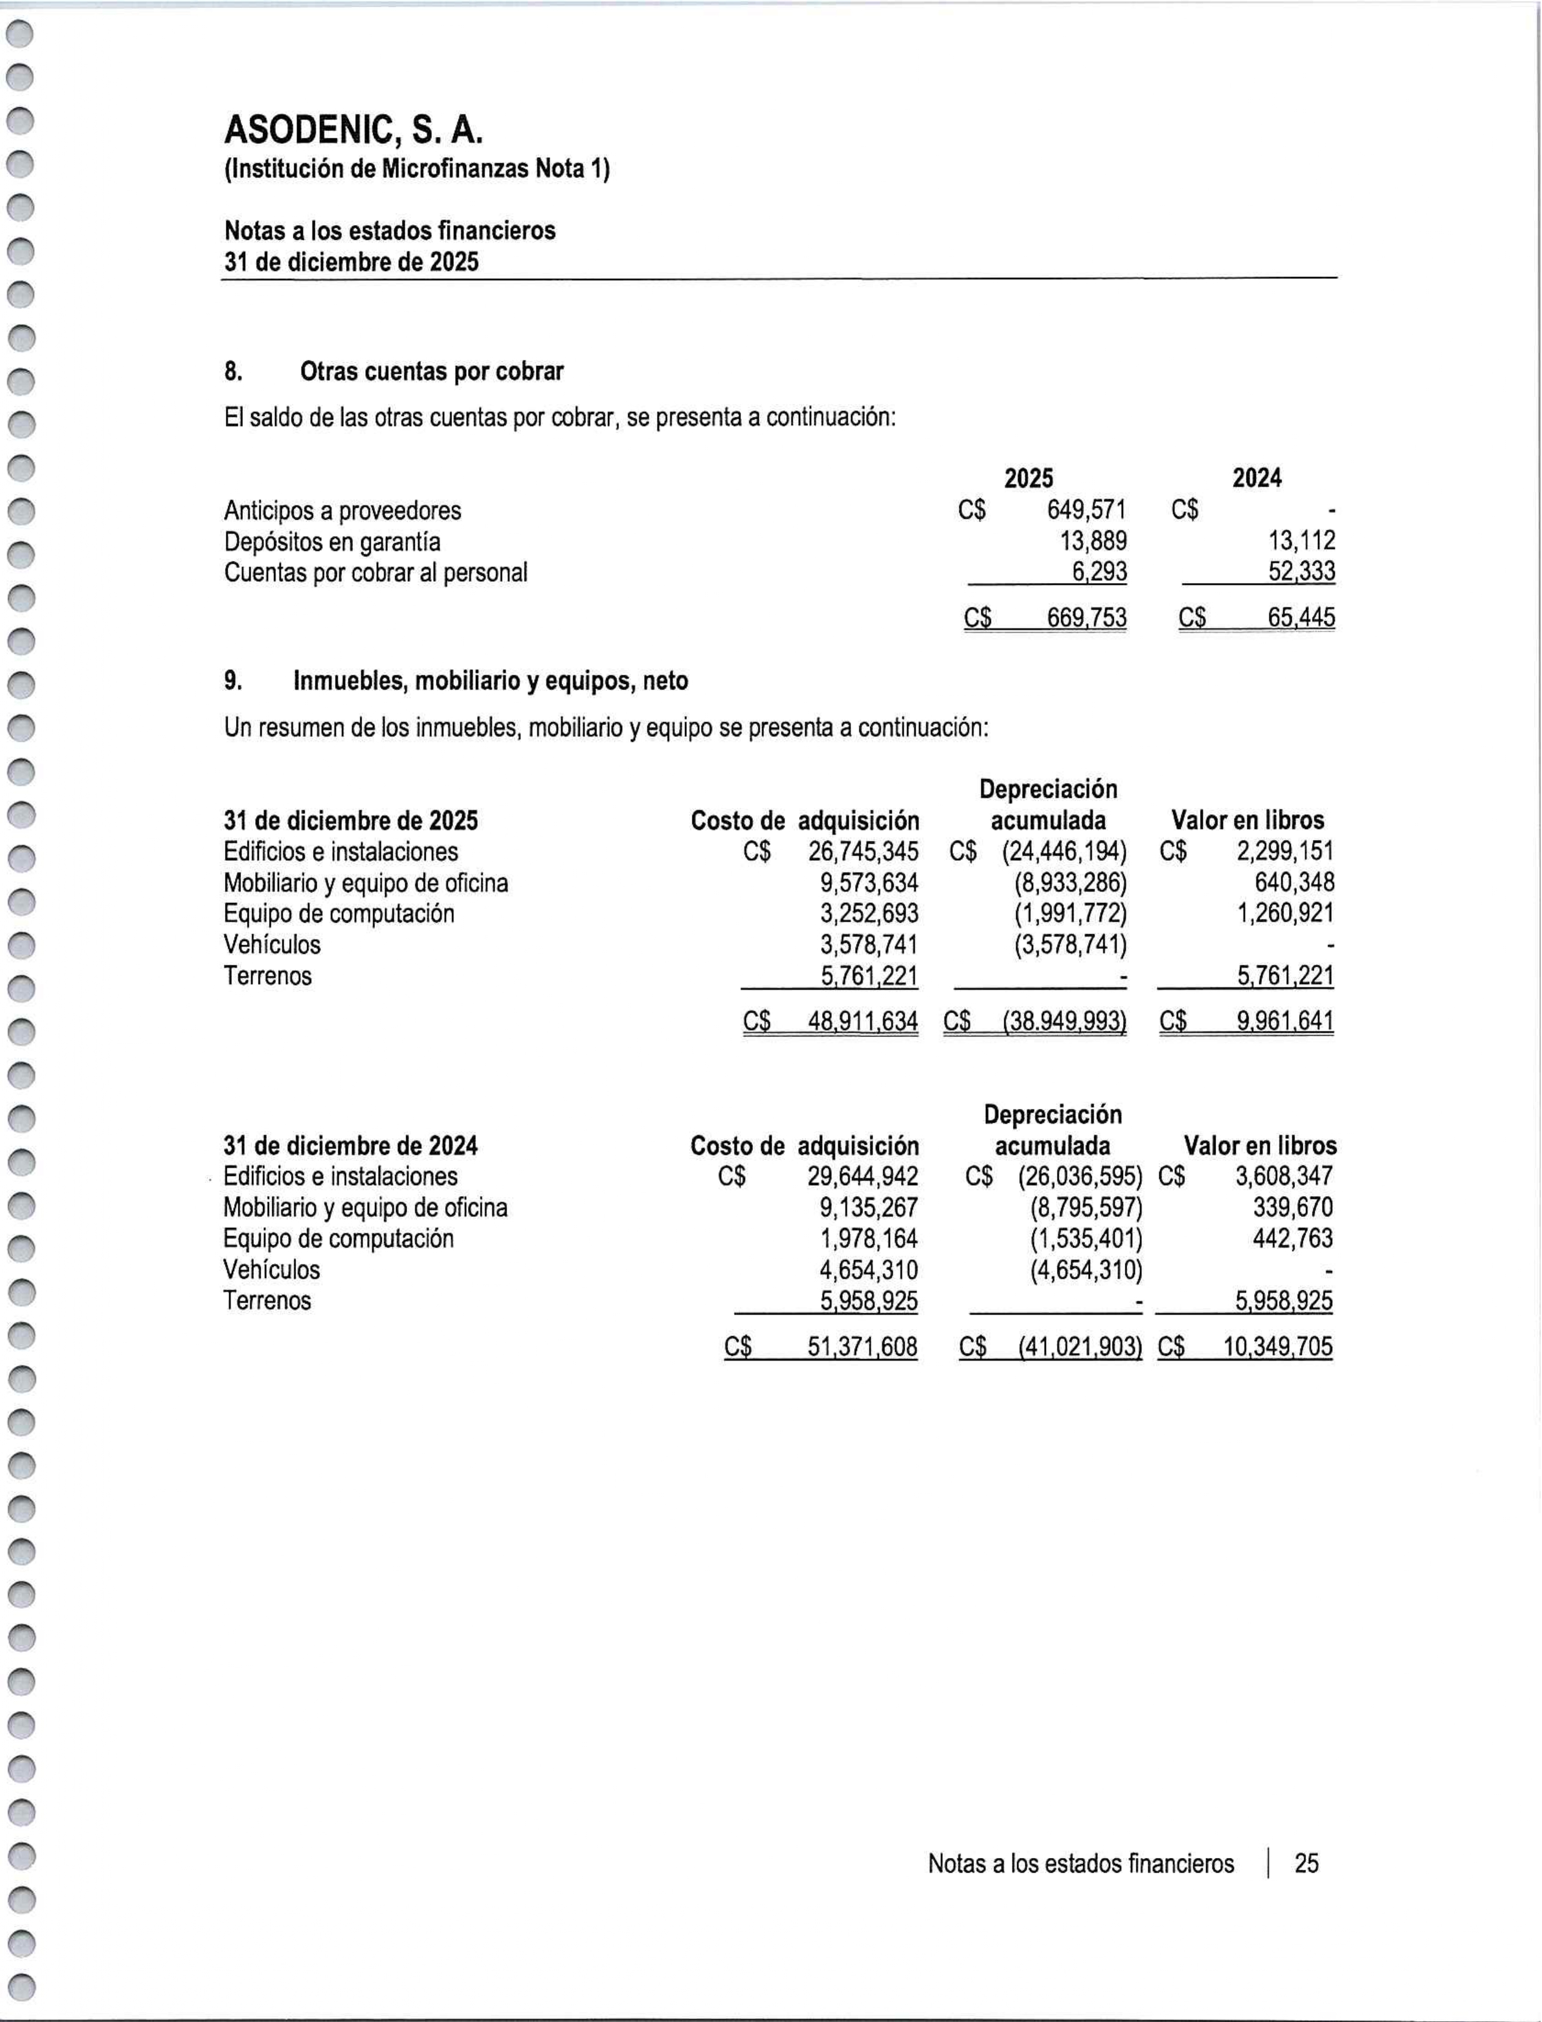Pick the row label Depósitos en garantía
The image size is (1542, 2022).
[332, 541]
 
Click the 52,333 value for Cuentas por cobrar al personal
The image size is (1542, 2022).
[1302, 573]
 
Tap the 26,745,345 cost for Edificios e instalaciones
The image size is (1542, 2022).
[863, 852]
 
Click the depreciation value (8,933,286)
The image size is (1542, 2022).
[1070, 883]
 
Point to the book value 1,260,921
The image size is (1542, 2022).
[1285, 913]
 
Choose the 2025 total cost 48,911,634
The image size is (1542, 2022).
[863, 1020]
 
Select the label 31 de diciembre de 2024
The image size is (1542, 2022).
[350, 1145]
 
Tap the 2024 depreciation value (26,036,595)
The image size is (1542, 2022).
[1080, 1176]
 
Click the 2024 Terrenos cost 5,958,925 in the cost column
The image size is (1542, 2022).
[869, 1301]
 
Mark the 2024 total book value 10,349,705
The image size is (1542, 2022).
[1278, 1347]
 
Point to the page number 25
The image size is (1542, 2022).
[1306, 1863]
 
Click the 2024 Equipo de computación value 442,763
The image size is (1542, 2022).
[1292, 1239]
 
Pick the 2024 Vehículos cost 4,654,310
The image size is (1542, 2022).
[869, 1270]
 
